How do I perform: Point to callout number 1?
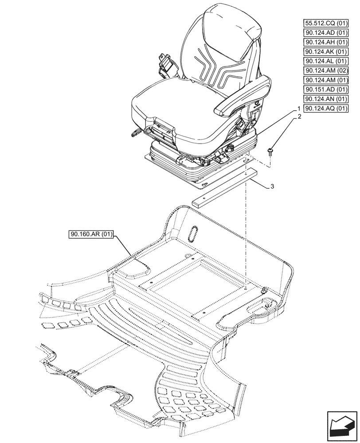299,109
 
